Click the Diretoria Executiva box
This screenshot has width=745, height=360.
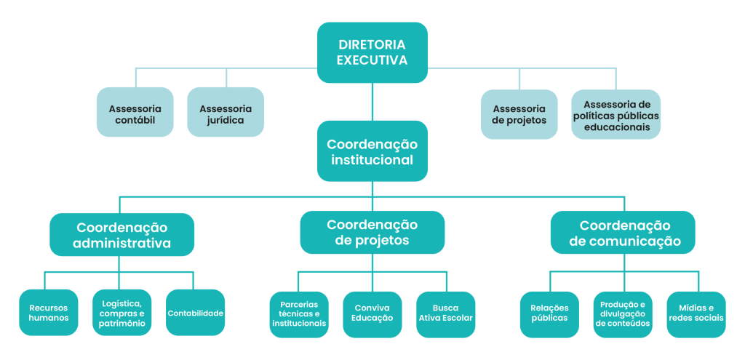pos(372,52)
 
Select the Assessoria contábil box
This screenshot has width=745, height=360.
pos(135,113)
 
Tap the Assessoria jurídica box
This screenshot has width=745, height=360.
pos(225,113)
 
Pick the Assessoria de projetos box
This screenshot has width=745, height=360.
pos(519,114)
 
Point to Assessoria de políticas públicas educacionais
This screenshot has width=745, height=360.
pos(615,114)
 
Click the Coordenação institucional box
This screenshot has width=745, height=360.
pos(372,151)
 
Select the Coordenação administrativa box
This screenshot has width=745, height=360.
pos(121,234)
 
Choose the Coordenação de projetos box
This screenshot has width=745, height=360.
pos(372,232)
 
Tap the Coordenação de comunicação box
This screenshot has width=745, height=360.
pos(622,232)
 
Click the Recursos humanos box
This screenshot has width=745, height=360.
pos(48,313)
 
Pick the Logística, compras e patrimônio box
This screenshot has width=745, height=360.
pos(121,313)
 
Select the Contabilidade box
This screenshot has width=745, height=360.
pos(195,313)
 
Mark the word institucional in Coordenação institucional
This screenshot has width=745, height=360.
pos(372,160)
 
